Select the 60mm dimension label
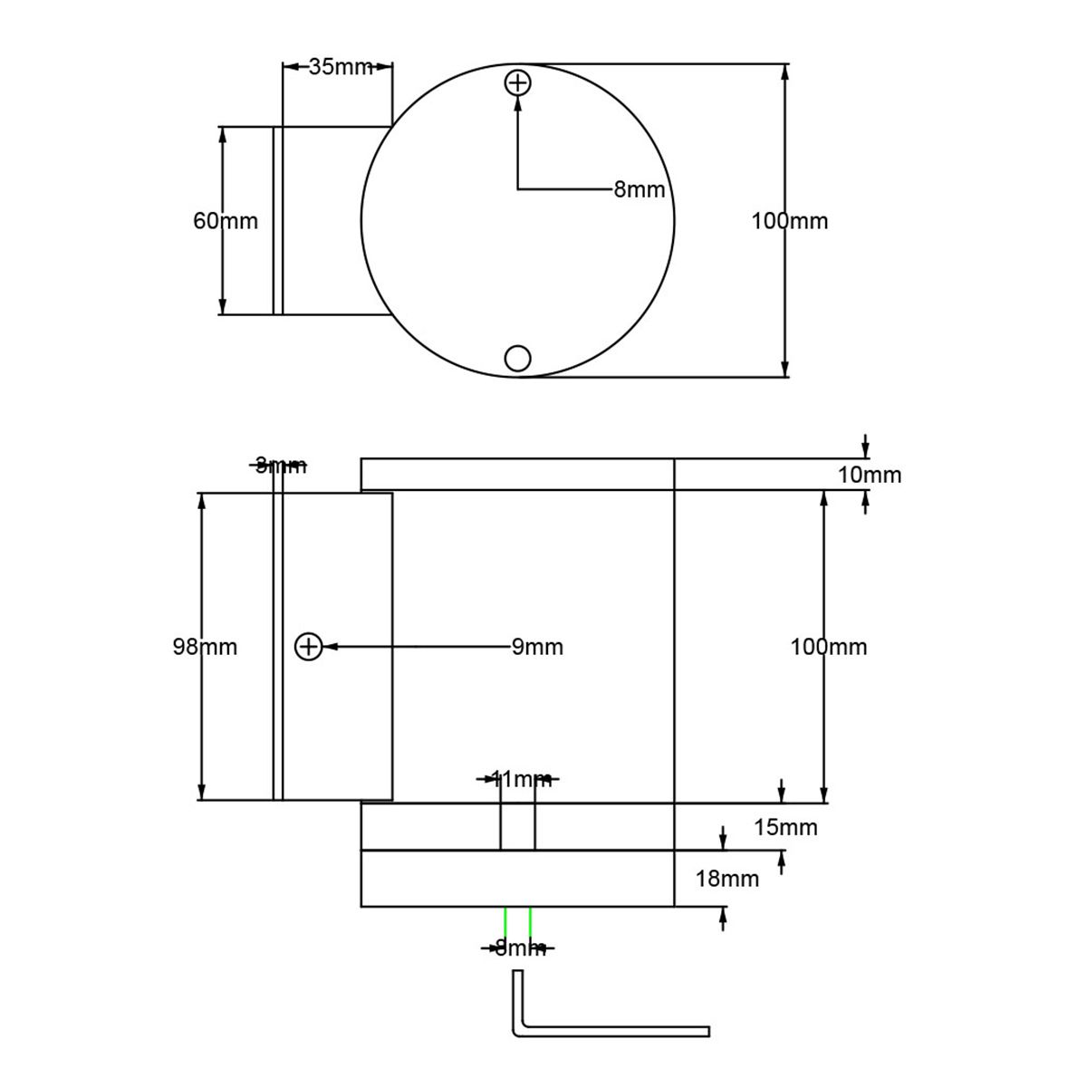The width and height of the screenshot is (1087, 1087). pyautogui.click(x=226, y=221)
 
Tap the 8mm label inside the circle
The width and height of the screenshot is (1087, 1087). pyautogui.click(x=639, y=189)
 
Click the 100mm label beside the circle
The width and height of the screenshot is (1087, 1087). pyautogui.click(x=790, y=221)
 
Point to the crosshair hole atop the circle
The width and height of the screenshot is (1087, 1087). pyautogui.click(x=517, y=83)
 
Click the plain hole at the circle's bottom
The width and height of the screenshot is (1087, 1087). pyautogui.click(x=517, y=359)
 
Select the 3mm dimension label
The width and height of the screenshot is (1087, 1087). pyautogui.click(x=280, y=466)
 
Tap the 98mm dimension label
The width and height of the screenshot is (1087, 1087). pyautogui.click(x=205, y=647)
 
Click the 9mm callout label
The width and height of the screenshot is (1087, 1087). pyautogui.click(x=537, y=647)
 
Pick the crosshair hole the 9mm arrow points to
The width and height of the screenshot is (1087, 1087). pyautogui.click(x=309, y=647)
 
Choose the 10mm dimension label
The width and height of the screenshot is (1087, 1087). pyautogui.click(x=870, y=475)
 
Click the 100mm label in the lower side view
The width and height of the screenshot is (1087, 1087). pyautogui.click(x=829, y=647)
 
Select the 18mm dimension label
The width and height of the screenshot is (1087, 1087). pyautogui.click(x=728, y=878)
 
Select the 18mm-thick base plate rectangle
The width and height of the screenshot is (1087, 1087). pyautogui.click(x=517, y=878)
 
